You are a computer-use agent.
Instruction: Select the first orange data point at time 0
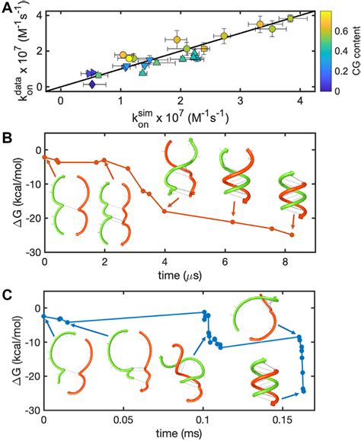click(x=45, y=157)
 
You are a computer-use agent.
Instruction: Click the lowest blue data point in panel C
click(x=304, y=391)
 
